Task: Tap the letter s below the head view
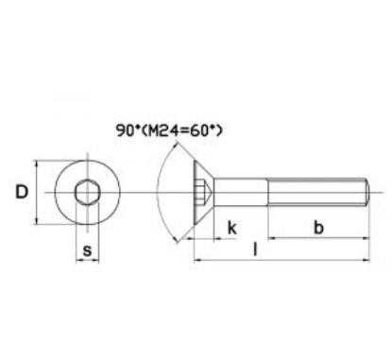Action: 88,251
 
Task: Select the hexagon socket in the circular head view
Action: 87,193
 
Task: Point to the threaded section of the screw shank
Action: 316,193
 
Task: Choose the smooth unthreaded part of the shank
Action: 241,193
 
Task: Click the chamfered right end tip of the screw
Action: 365,193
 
